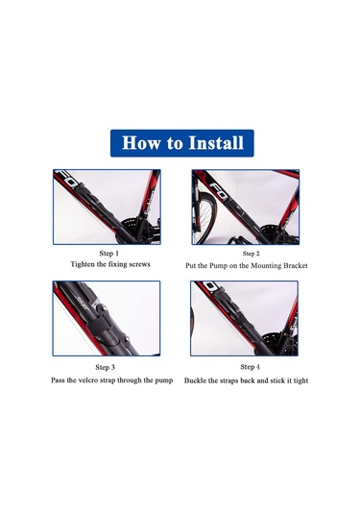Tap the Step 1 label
pos(109,254)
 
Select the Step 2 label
pos(251,254)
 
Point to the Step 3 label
pos(106,367)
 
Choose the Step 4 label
pos(250,367)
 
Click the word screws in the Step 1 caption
pos(138,264)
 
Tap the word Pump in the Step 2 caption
pos(218,266)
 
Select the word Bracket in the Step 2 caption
pos(295,265)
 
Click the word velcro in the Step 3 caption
pos(89,380)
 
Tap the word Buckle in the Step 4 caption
pos(195,380)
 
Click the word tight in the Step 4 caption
pos(300,380)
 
